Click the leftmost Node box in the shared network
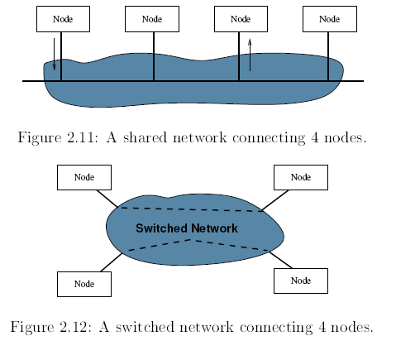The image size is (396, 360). [x=63, y=19]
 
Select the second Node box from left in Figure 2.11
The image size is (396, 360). [x=152, y=19]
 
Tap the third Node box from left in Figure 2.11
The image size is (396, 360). [x=241, y=19]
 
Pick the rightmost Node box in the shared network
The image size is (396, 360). [x=330, y=19]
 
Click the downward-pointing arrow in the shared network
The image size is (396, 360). [x=55, y=55]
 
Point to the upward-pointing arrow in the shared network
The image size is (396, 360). [x=250, y=55]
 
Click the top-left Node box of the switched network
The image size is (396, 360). [x=84, y=177]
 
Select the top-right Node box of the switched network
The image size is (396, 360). [x=301, y=177]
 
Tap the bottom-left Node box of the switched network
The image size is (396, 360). [x=84, y=284]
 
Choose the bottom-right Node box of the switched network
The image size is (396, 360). [x=301, y=281]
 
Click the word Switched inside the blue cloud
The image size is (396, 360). [x=161, y=228]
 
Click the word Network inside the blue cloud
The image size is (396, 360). [x=214, y=228]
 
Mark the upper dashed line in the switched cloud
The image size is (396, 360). [x=190, y=209]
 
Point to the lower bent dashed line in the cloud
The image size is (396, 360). [x=193, y=240]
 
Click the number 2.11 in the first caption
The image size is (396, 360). [x=81, y=137]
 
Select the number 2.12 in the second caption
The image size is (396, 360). [x=74, y=327]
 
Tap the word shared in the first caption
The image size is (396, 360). [x=145, y=137]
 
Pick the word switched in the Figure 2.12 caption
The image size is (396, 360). [x=145, y=327]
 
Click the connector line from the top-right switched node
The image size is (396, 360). [x=275, y=200]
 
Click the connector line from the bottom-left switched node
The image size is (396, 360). [x=112, y=262]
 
